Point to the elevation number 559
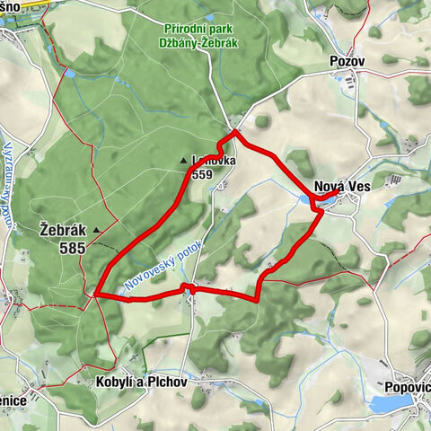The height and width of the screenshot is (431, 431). pyautogui.click(x=201, y=174)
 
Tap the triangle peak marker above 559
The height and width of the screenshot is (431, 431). pyautogui.click(x=184, y=162)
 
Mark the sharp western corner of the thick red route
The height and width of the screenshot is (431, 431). pyautogui.click(x=95, y=294)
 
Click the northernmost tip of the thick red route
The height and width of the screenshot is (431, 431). pyautogui.click(x=235, y=132)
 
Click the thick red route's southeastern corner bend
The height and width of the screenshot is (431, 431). pyautogui.click(x=259, y=295)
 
